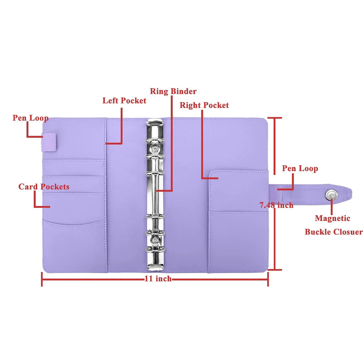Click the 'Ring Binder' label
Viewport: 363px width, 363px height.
pyautogui.click(x=173, y=92)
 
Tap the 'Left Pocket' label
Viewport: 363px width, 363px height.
pyautogui.click(x=124, y=101)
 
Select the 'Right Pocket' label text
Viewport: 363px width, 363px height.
pyautogui.click(x=204, y=105)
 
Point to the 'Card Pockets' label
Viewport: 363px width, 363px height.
pyautogui.click(x=44, y=187)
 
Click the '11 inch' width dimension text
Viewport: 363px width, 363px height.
pyautogui.click(x=157, y=279)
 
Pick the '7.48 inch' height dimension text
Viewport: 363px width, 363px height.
pyautogui.click(x=276, y=205)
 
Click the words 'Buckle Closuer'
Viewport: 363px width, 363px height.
pyautogui.click(x=334, y=232)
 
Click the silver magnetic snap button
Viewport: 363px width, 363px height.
pyautogui.click(x=330, y=193)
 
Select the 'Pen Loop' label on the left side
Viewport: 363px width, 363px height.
pyautogui.click(x=30, y=118)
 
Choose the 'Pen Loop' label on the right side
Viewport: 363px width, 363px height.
pyautogui.click(x=300, y=168)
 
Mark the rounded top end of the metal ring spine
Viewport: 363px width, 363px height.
pyautogui.click(x=155, y=123)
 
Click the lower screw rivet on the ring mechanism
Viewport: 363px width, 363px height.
pyautogui.click(x=155, y=240)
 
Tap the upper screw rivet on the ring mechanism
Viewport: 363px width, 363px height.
pyautogui.click(x=155, y=147)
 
